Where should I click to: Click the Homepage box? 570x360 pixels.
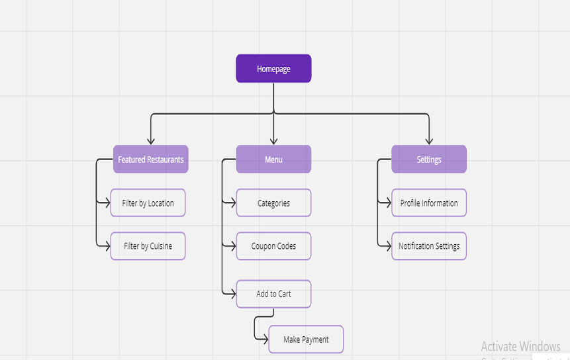(x=273, y=69)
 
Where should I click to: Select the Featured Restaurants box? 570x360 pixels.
(x=151, y=159)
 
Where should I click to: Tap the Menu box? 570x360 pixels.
(x=273, y=159)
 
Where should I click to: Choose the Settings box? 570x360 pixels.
(x=429, y=159)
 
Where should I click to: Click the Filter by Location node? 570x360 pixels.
(x=148, y=203)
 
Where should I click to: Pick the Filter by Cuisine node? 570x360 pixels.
(x=148, y=246)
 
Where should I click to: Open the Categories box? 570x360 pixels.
(x=273, y=203)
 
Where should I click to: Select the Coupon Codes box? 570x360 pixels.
(x=273, y=246)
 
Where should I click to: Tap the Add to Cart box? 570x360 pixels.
(x=273, y=294)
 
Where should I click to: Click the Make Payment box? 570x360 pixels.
(x=306, y=339)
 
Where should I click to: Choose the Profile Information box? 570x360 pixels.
(x=429, y=203)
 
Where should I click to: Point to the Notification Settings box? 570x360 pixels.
(x=429, y=246)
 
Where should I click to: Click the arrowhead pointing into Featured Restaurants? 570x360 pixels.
(x=151, y=141)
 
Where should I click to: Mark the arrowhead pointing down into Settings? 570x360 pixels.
(x=429, y=141)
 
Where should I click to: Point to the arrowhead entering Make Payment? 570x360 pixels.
(x=265, y=339)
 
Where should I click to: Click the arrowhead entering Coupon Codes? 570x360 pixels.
(x=232, y=246)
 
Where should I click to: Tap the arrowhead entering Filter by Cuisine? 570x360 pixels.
(x=107, y=246)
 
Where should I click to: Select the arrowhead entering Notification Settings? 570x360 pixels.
(x=388, y=246)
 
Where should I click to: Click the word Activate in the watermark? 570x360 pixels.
(x=499, y=347)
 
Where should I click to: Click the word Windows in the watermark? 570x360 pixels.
(x=540, y=347)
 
